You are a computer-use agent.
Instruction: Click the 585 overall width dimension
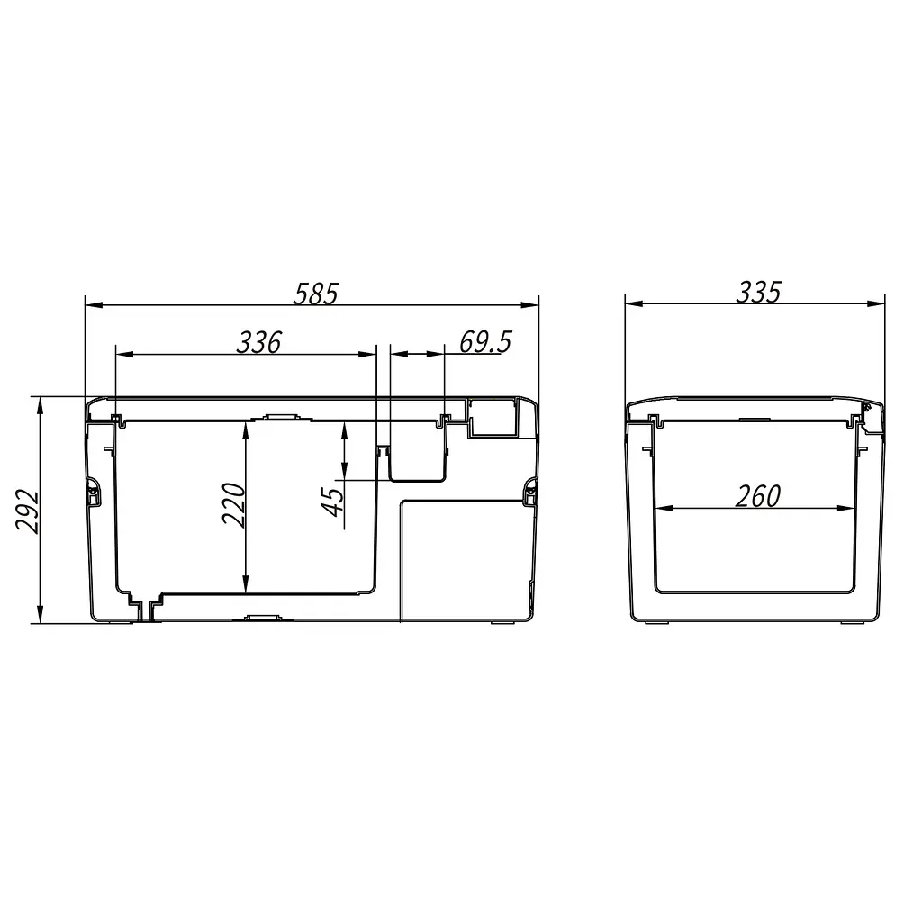[316, 294]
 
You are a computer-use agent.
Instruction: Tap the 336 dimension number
[259, 342]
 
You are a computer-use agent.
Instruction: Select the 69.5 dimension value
[485, 341]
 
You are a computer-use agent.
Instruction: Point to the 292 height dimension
[27, 511]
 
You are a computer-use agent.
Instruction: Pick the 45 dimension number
[333, 502]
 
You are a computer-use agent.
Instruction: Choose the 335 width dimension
[758, 293]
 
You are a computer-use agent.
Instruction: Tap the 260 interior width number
[758, 496]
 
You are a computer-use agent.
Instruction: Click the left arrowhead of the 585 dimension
[94, 305]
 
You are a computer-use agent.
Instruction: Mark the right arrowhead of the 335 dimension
[876, 304]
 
